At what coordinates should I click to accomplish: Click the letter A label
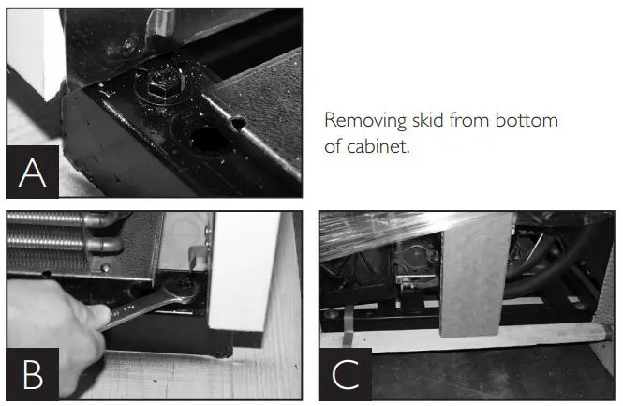click(x=33, y=172)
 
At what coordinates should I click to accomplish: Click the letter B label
click(x=33, y=374)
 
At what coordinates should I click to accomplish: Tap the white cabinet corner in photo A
click(x=33, y=56)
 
